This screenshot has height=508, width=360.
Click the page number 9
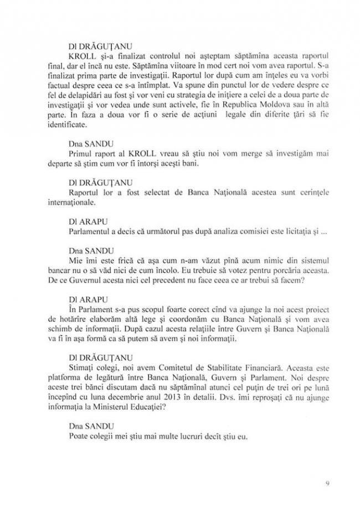328,483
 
